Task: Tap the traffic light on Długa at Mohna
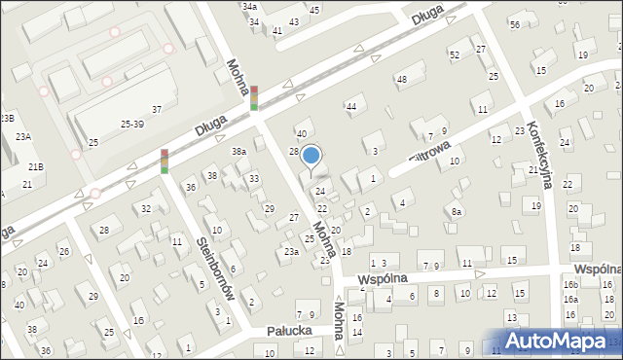click(x=254, y=97)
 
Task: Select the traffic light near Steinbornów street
click(x=165, y=161)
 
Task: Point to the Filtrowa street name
click(x=428, y=152)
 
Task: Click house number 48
click(x=401, y=79)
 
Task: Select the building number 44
click(x=351, y=106)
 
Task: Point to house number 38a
click(x=238, y=152)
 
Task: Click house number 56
click(x=514, y=23)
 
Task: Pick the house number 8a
click(x=456, y=211)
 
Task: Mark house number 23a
click(x=291, y=252)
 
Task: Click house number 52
click(x=454, y=55)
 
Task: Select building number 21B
click(x=35, y=167)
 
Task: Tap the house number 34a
click(x=250, y=6)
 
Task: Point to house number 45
click(x=313, y=10)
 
